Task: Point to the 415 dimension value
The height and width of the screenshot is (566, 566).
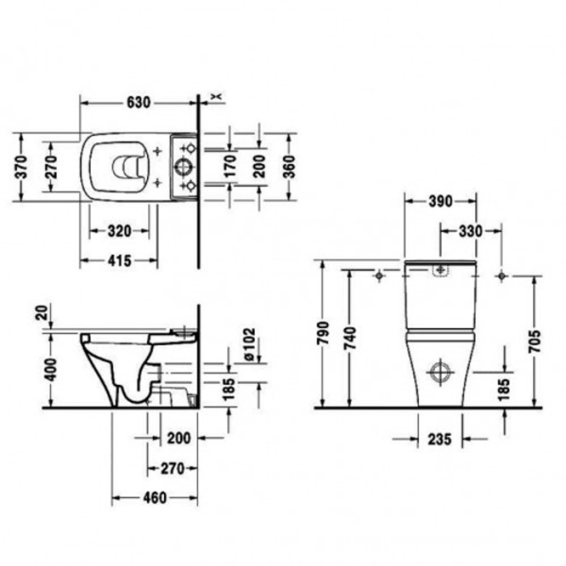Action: (x=119, y=258)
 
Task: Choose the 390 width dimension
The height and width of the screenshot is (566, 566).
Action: (x=439, y=201)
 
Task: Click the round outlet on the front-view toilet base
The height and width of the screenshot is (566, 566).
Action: (x=440, y=370)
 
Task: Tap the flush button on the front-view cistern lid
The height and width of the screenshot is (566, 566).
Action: (x=440, y=272)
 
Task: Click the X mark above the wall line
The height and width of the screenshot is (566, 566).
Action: (x=218, y=94)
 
